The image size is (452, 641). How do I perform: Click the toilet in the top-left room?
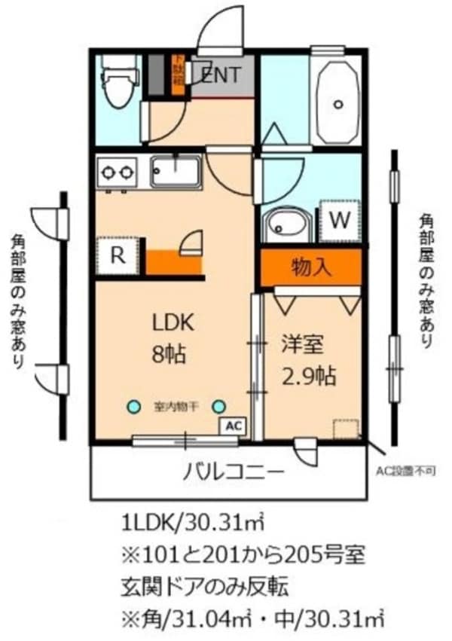(x=120, y=81)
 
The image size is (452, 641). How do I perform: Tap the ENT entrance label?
(x=221, y=75)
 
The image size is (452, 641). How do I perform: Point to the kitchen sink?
(x=175, y=171)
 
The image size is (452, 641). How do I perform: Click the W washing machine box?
(x=341, y=221)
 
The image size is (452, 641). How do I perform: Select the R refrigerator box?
(x=117, y=255)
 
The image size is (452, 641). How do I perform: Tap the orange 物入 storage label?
(x=312, y=266)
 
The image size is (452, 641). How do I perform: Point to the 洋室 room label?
(x=302, y=346)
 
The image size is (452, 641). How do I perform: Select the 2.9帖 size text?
(x=310, y=374)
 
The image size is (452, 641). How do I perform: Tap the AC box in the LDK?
(x=234, y=426)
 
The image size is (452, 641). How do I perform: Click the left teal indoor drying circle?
(x=133, y=407)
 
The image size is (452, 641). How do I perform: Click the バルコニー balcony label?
(x=234, y=472)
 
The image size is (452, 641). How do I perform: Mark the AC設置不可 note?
(x=406, y=472)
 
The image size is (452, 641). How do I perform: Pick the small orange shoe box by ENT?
(x=179, y=75)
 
